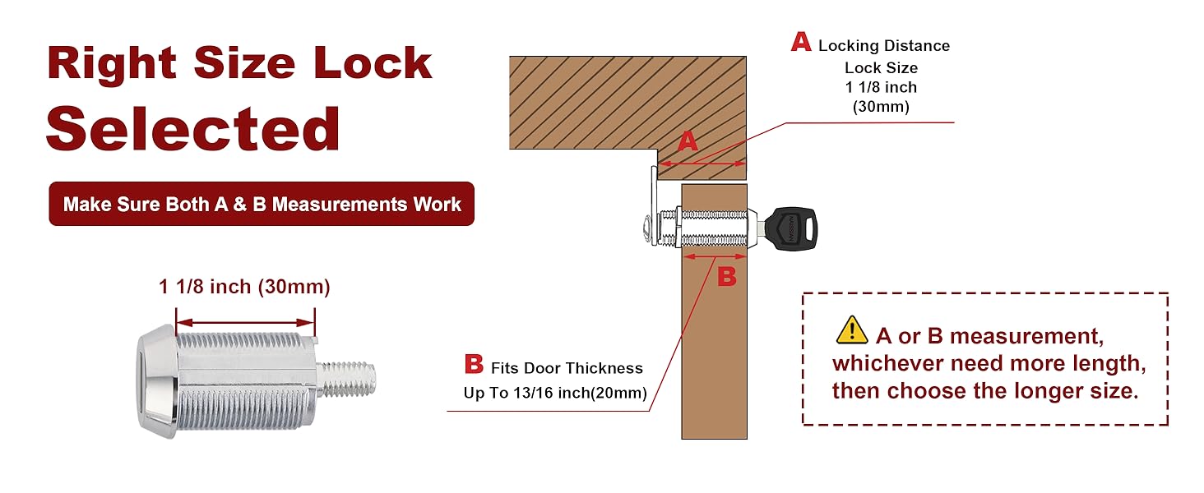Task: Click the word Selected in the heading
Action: point(193,128)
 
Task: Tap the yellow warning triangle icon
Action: point(851,330)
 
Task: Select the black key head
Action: point(791,225)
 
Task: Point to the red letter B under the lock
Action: point(726,277)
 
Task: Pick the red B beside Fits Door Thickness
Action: point(474,364)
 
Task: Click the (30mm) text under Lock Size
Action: point(880,107)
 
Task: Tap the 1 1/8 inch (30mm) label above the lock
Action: point(244,287)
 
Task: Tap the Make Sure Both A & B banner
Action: point(262,204)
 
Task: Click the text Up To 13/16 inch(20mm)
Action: point(555,393)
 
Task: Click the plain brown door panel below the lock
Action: point(714,362)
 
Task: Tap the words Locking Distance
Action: point(883,46)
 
